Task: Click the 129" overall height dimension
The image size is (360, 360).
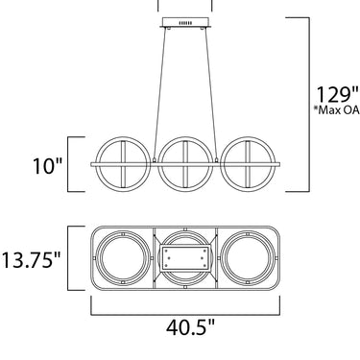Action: (x=338, y=94)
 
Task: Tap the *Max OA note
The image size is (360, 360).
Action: (x=337, y=110)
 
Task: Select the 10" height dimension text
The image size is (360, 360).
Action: (x=47, y=166)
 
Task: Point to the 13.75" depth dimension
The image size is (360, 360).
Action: (x=31, y=259)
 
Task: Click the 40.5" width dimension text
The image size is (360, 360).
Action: (x=191, y=327)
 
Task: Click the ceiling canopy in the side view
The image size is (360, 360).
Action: (x=185, y=23)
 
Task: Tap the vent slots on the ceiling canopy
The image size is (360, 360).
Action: (x=185, y=23)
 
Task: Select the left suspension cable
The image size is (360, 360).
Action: (x=160, y=93)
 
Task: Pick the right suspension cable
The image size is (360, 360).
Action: (x=211, y=93)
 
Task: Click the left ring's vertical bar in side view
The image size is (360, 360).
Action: (x=124, y=164)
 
